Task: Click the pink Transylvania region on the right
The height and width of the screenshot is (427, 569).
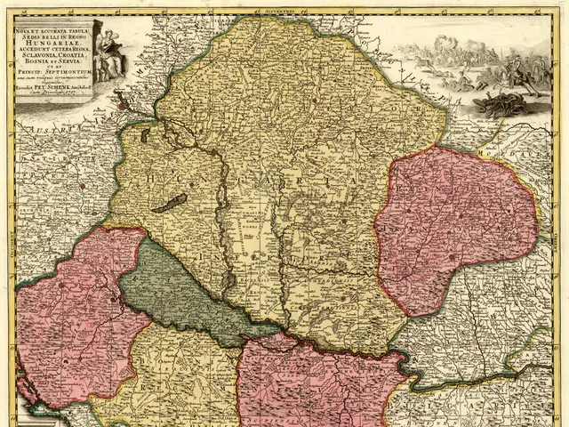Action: (x=453, y=227)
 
